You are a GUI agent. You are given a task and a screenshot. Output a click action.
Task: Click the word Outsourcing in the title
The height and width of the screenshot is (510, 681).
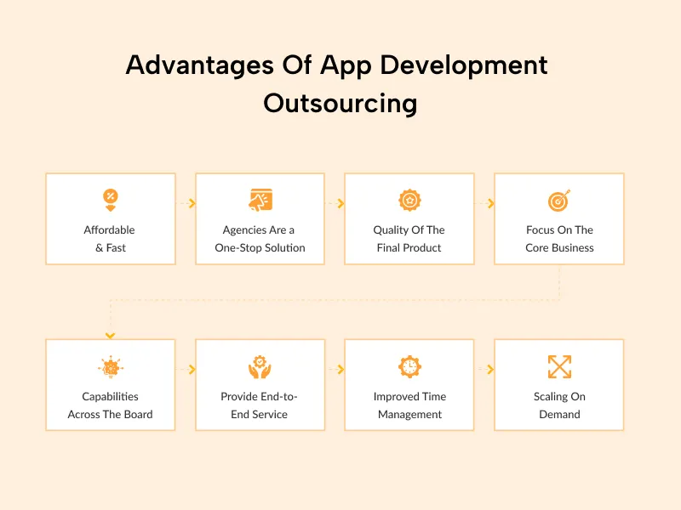(x=340, y=103)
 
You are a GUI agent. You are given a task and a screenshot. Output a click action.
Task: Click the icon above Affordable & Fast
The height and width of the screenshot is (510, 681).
(x=110, y=201)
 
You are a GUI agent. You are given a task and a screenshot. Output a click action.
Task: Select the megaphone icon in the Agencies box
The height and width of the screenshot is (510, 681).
(x=260, y=201)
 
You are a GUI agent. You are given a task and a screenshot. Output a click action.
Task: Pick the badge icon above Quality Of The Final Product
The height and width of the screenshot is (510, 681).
(x=409, y=201)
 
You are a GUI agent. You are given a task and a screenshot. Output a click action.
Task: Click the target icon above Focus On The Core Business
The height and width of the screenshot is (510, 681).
(x=559, y=201)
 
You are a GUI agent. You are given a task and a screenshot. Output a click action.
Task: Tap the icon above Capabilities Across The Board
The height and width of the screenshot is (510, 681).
(x=110, y=367)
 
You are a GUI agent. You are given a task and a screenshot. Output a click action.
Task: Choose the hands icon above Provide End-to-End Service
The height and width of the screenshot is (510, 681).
(x=260, y=367)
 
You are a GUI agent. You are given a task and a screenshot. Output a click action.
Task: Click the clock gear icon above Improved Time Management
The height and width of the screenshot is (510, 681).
(x=409, y=367)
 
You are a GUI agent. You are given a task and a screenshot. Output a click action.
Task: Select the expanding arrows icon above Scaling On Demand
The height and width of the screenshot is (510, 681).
(x=559, y=367)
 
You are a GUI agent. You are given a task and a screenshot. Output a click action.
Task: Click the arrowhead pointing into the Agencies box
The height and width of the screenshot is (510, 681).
(x=192, y=204)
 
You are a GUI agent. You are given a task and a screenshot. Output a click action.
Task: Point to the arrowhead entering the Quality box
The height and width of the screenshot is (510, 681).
(x=340, y=204)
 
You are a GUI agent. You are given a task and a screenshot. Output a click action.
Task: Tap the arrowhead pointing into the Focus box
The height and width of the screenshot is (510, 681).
(x=490, y=204)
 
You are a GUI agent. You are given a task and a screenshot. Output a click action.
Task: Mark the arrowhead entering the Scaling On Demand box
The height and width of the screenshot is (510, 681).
(x=490, y=370)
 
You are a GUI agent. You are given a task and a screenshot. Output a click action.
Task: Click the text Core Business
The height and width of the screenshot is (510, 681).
(x=559, y=248)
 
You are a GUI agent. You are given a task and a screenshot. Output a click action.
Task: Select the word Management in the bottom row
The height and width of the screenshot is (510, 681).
(x=409, y=415)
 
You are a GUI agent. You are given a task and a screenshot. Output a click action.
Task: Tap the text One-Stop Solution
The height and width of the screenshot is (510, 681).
(x=260, y=248)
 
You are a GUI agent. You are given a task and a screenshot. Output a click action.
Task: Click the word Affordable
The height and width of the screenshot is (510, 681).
(x=110, y=230)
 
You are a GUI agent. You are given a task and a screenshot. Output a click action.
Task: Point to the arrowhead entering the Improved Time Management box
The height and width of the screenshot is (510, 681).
(x=340, y=370)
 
